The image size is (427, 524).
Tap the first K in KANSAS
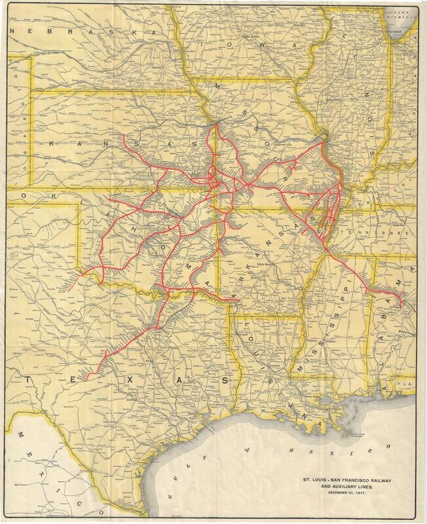pyautogui.click(x=56, y=143)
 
